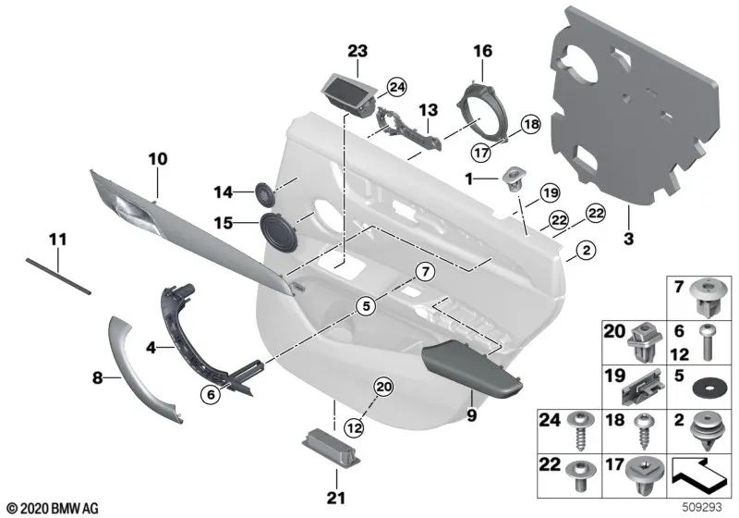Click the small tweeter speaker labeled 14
pyautogui.click(x=266, y=194)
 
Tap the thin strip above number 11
pyautogui.click(x=59, y=275)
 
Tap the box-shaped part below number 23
pyautogui.click(x=345, y=92)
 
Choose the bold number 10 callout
pyautogui.click(x=158, y=159)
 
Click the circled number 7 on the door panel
pyautogui.click(x=423, y=272)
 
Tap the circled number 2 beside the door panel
pyautogui.click(x=584, y=249)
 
